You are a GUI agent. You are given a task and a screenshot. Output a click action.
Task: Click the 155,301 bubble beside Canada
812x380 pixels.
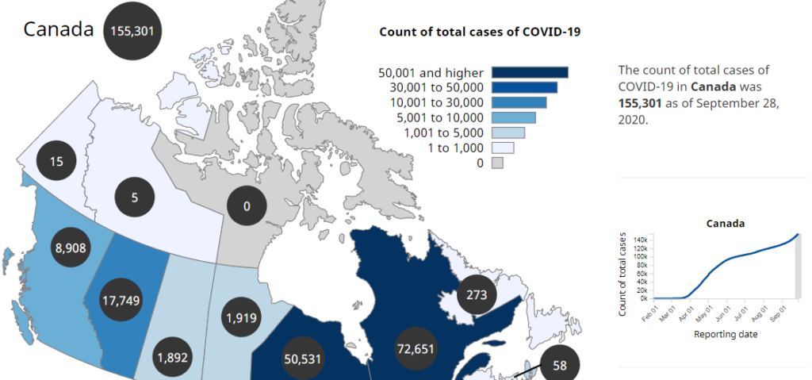point(133,31)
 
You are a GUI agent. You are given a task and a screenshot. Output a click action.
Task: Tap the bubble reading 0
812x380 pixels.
point(247,206)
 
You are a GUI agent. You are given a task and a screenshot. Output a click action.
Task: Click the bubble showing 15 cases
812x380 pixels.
point(55,161)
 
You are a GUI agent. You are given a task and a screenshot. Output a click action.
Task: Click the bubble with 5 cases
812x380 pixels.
point(134,197)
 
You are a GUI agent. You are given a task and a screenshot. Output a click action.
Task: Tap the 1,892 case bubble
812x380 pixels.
point(172,357)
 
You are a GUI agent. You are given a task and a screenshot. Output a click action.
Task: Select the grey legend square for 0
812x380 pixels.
point(497,163)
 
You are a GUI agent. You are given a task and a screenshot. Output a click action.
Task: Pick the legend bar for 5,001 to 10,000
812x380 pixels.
point(514,118)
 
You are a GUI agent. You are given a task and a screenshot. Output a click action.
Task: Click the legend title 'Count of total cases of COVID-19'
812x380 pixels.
point(480,32)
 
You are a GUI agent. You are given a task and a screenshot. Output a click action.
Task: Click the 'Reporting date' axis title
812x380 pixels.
point(726,335)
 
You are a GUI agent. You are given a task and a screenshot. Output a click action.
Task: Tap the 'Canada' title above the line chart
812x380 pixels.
point(726,224)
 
